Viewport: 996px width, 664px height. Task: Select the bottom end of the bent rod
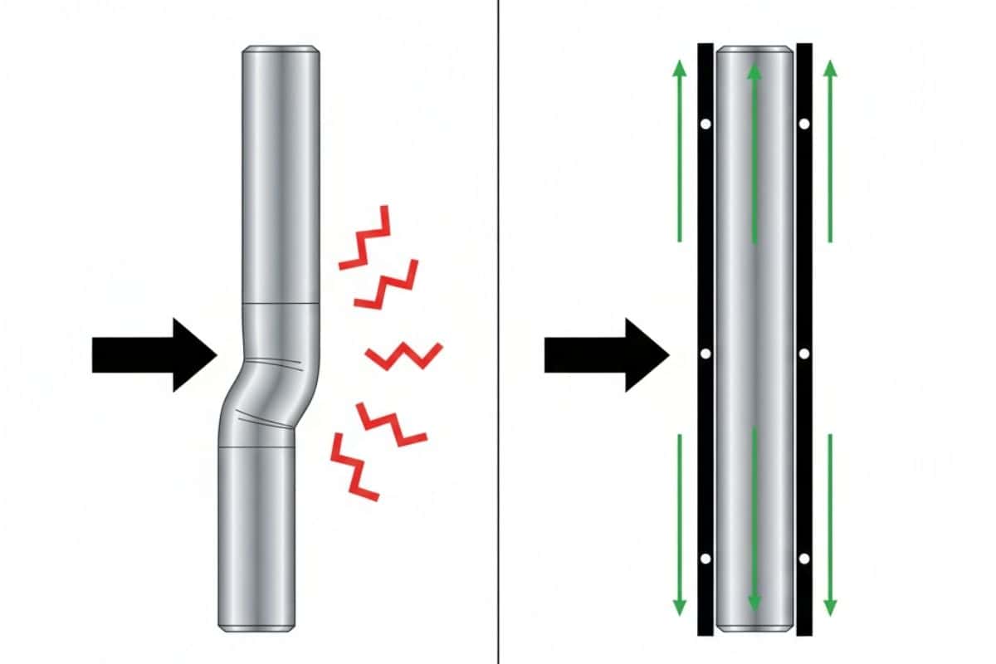coord(256,622)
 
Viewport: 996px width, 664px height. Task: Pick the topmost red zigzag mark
coord(365,237)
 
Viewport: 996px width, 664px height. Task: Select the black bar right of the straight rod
coord(804,207)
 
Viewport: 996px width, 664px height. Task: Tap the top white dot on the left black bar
coord(705,124)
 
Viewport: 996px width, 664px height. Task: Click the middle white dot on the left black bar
coord(705,354)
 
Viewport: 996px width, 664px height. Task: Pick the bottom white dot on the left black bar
coord(705,559)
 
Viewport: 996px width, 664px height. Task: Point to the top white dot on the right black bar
coord(804,124)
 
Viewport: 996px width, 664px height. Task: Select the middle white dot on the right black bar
coord(804,354)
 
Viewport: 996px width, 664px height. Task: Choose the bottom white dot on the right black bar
coord(804,559)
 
